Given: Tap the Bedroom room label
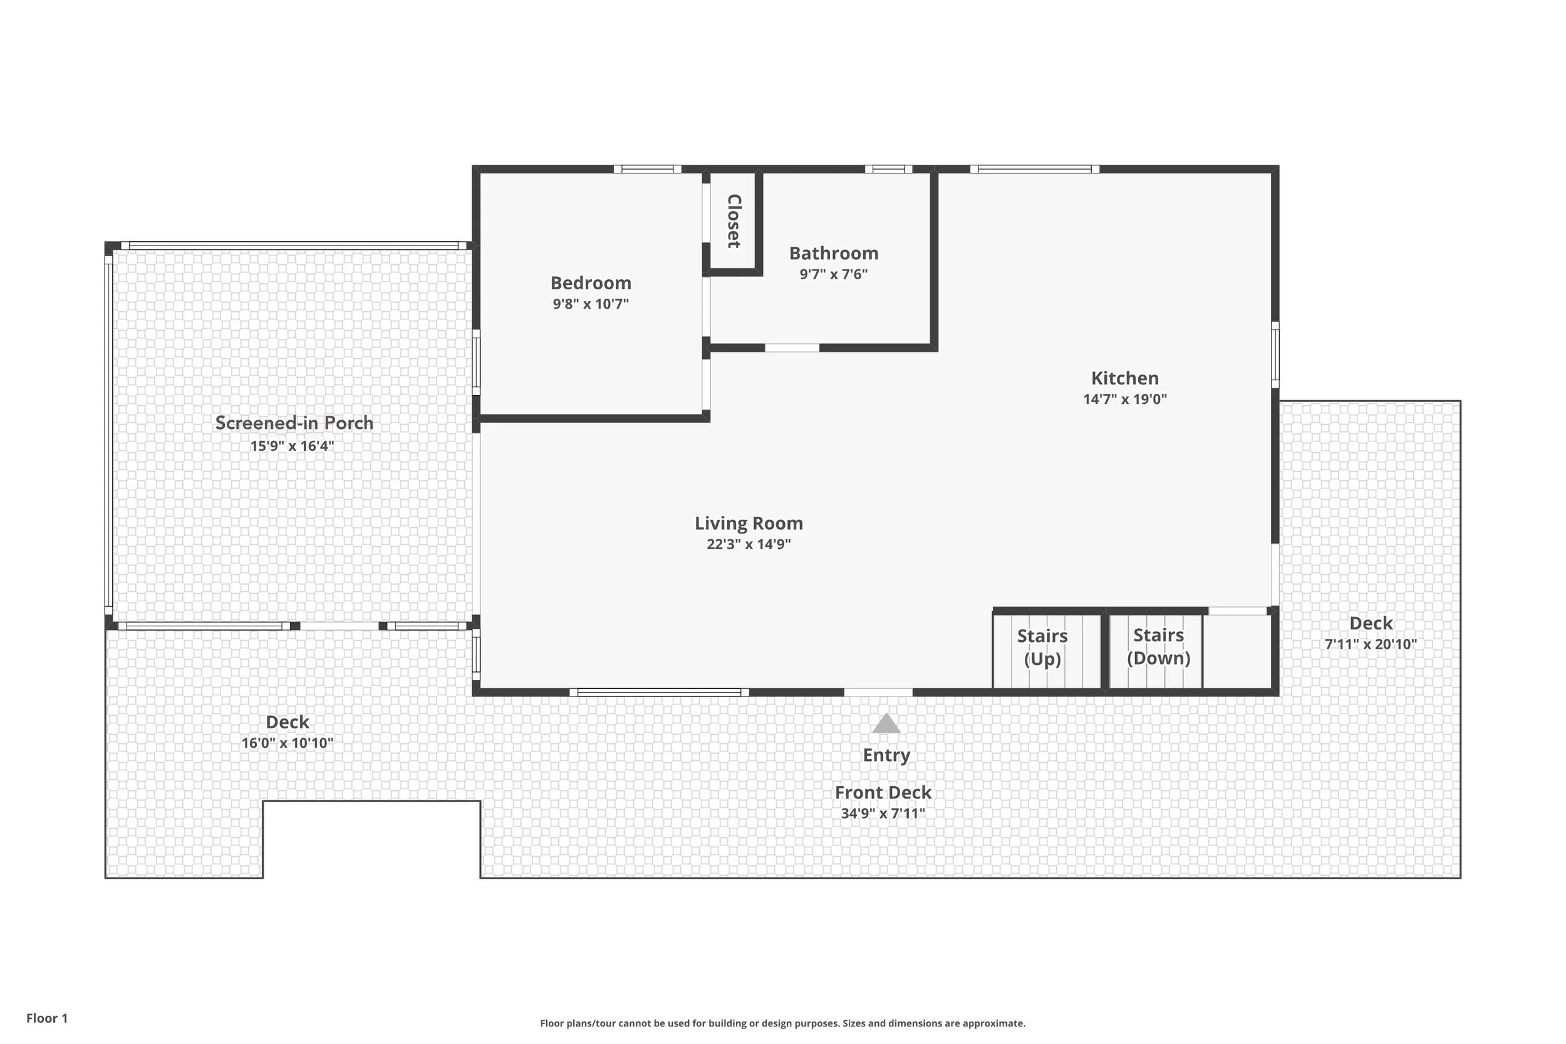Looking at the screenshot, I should click(x=591, y=283).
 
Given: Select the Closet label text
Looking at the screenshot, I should click(x=734, y=221).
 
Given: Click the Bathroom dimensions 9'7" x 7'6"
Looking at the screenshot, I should click(x=834, y=274).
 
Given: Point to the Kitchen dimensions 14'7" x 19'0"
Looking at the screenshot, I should click(x=1124, y=400).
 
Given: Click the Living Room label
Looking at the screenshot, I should click(x=749, y=524).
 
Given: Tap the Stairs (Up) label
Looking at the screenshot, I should click(x=1042, y=647).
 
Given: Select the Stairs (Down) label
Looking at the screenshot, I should click(x=1158, y=646).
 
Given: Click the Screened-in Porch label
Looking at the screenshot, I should click(x=294, y=423).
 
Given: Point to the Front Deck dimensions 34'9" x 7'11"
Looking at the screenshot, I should click(x=883, y=814).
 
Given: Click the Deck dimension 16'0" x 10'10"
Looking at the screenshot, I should click(x=287, y=743).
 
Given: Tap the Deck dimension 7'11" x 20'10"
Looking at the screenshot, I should click(x=1371, y=644).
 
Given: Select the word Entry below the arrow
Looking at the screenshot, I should click(x=886, y=755).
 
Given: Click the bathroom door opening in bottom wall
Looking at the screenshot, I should click(x=792, y=348).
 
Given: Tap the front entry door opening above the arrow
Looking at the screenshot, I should click(x=878, y=693).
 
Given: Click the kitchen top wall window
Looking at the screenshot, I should click(x=1034, y=169).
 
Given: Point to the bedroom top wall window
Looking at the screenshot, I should click(x=647, y=169).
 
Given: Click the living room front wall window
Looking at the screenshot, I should click(x=658, y=693).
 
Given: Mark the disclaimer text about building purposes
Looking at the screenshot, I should click(x=782, y=1023).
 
